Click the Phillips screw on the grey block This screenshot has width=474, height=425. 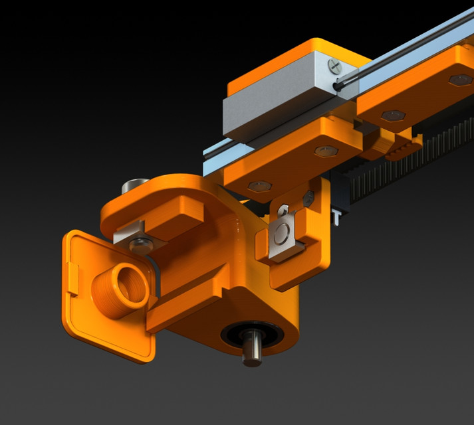pyautogui.click(x=334, y=65)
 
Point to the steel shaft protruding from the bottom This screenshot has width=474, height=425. pyautogui.click(x=251, y=350)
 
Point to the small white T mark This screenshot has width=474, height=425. pyautogui.click(x=337, y=216)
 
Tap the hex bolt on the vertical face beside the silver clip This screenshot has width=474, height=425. pyautogui.click(x=308, y=198)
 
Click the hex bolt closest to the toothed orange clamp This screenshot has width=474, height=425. pyautogui.click(x=392, y=116)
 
